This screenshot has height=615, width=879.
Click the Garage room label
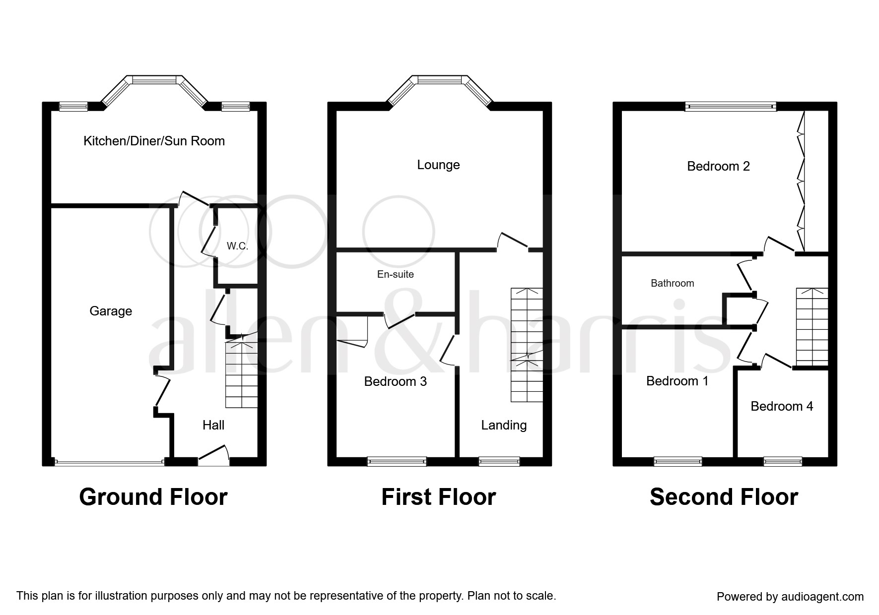pyautogui.click(x=111, y=311)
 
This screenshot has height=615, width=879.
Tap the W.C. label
pyautogui.click(x=237, y=246)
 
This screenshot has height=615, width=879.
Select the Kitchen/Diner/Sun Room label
pyautogui.click(x=154, y=141)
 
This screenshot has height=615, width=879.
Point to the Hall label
pyautogui.click(x=213, y=425)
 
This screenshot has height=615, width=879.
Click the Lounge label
pyautogui.click(x=438, y=165)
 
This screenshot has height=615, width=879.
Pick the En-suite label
pyautogui.click(x=396, y=274)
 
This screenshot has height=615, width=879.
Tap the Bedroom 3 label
pyautogui.click(x=396, y=381)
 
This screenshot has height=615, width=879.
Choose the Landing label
pyautogui.click(x=504, y=425)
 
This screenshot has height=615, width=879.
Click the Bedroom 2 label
pyautogui.click(x=718, y=166)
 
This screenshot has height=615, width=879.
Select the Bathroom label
pyautogui.click(x=673, y=283)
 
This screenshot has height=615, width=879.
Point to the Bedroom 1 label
pyautogui.click(x=677, y=381)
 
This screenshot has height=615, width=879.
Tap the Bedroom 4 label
pyautogui.click(x=782, y=406)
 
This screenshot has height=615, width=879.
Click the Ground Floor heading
pyautogui.click(x=153, y=497)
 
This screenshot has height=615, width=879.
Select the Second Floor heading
pyautogui.click(x=724, y=497)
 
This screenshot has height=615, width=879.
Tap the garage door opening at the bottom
pyautogui.click(x=109, y=463)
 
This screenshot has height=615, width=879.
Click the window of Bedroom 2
pyautogui.click(x=731, y=106)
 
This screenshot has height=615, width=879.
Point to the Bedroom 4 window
pyautogui.click(x=783, y=462)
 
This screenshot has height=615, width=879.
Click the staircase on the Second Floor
pyautogui.click(x=812, y=327)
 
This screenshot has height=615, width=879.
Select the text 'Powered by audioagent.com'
pyautogui.click(x=790, y=597)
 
